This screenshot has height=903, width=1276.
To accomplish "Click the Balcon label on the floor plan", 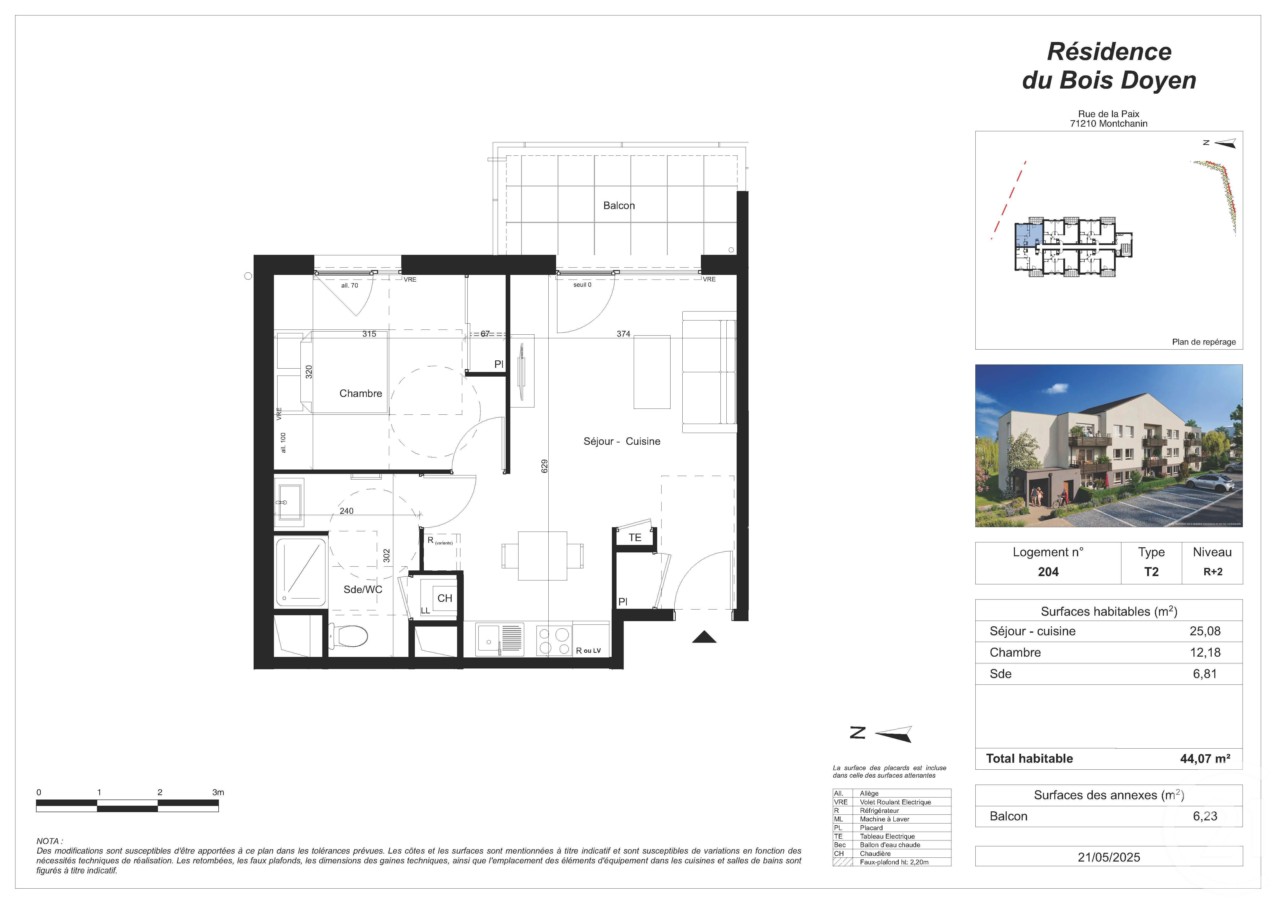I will [619, 206].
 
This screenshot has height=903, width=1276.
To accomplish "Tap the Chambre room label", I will [361, 394].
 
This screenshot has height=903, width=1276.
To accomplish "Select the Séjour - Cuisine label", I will [621, 441].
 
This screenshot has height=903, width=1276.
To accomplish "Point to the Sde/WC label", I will [362, 589].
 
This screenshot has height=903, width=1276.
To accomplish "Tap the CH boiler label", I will [445, 598].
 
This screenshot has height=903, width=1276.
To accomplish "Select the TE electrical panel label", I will [635, 538].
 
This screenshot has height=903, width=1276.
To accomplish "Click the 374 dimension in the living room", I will [623, 334].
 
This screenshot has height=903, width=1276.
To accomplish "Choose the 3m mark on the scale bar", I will [218, 792].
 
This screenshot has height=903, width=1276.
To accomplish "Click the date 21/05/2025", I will [1109, 857].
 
